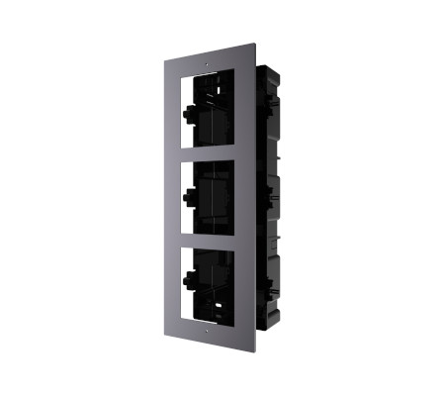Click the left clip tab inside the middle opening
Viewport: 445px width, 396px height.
pyautogui.click(x=188, y=194)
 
